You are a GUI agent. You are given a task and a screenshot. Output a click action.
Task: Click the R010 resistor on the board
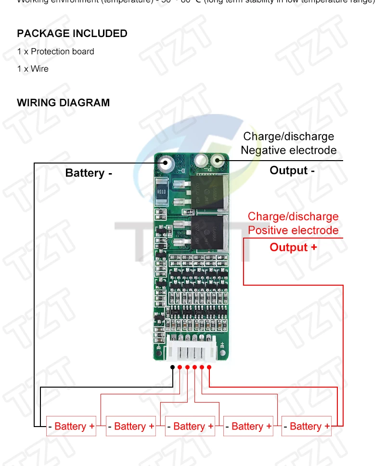pos(162,192)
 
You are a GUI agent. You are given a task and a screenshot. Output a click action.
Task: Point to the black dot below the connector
pos(172,367)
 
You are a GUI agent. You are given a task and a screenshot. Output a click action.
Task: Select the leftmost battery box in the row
pos(71,426)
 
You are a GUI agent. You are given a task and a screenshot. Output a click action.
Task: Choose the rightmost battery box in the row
pos(307,426)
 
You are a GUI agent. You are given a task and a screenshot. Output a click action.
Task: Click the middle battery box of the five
pos(190,426)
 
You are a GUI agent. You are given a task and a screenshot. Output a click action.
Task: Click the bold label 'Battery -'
pos(89,173)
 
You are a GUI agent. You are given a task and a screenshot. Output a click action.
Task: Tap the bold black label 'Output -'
pos(292,170)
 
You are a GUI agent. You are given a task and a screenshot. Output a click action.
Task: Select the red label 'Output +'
pos(293,247)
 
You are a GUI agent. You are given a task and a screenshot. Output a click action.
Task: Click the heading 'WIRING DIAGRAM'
pos(63,102)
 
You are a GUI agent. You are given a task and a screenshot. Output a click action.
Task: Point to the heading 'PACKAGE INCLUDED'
pos(72,34)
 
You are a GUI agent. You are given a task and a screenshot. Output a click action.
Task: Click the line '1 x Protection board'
pos(55,51)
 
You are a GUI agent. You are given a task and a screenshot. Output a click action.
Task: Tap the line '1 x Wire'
pos(33,69)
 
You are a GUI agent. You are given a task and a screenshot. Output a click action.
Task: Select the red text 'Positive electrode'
pos(293,230)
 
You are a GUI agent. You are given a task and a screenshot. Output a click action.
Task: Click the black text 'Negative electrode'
pos(288,150)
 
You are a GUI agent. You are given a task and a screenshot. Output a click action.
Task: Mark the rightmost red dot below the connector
pos(209,367)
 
